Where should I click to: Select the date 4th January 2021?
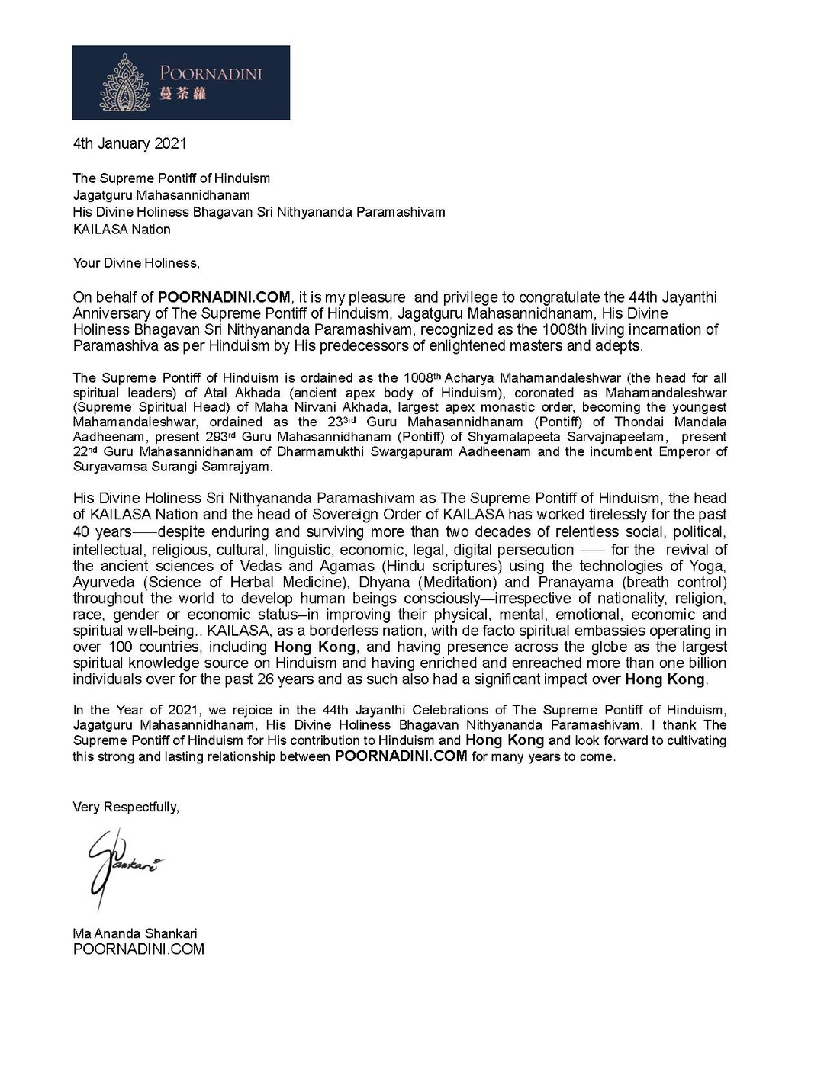coord(129,143)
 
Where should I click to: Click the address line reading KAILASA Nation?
coord(121,230)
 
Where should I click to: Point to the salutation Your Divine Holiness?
coord(136,263)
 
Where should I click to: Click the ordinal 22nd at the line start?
coord(84,451)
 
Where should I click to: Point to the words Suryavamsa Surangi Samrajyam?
coord(172,466)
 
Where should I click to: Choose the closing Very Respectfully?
coord(126,807)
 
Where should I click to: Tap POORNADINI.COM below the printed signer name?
coord(138,949)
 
